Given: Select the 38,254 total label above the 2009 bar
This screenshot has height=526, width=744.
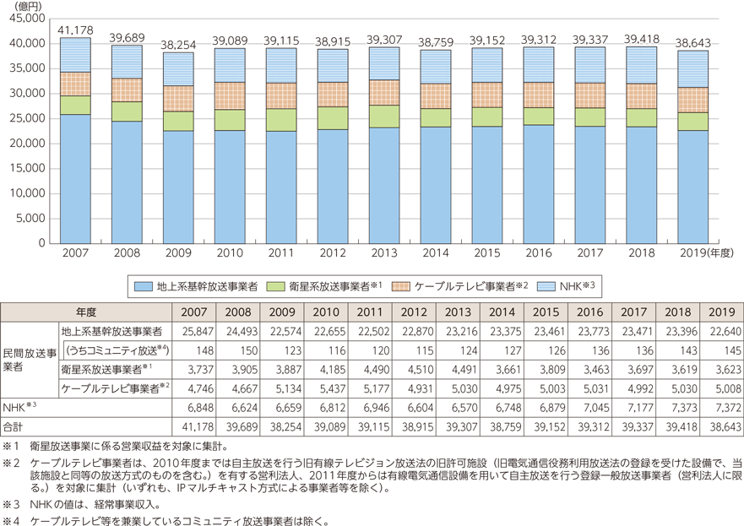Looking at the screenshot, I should pyautogui.click(x=176, y=42).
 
